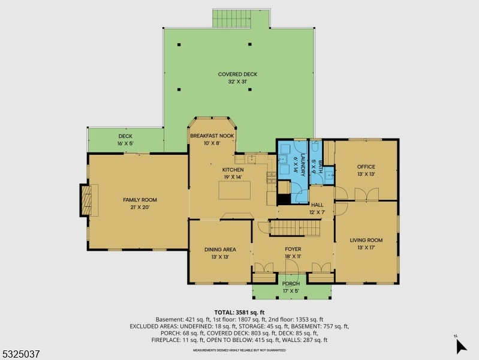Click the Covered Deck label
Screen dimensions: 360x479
[237, 74]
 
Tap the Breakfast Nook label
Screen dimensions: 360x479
[212, 136]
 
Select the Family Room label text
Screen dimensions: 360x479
[140, 200]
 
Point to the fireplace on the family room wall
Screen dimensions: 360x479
[87, 200]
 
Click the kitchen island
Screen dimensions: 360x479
[234, 190]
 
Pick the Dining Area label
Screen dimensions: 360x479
[220, 249]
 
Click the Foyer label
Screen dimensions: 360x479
[293, 249]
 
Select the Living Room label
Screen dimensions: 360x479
[366, 241]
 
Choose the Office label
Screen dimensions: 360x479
[366, 167]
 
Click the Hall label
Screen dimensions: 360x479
[317, 205]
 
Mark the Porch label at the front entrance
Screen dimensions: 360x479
[291, 284]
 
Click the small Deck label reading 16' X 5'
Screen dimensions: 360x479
[125, 136]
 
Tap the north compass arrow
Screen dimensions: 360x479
[460, 346]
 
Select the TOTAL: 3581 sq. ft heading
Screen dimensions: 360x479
[240, 313]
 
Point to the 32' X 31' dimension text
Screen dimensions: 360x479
[237, 82]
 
